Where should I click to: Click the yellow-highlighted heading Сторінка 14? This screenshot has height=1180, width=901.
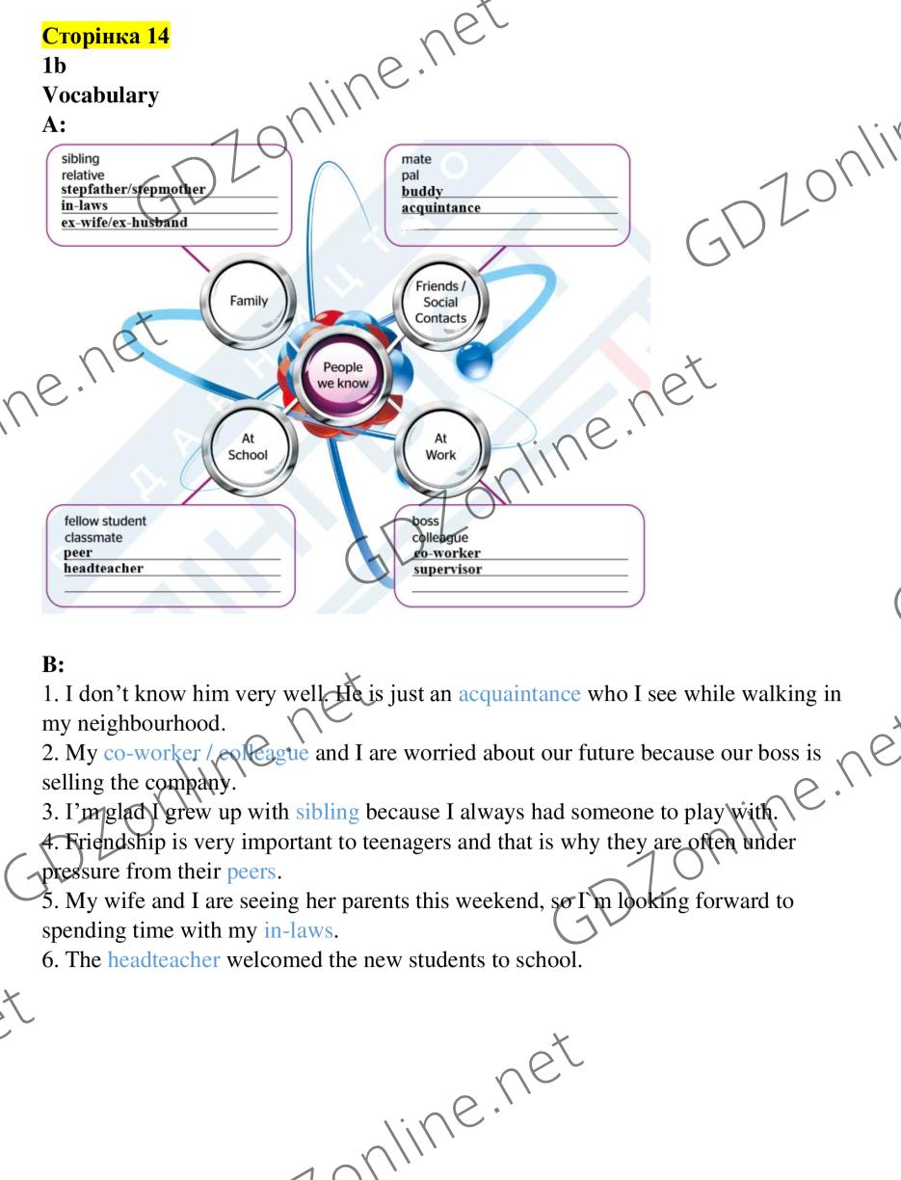[106, 36]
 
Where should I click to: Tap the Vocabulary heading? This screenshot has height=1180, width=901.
[100, 95]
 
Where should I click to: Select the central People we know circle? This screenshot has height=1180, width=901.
[343, 375]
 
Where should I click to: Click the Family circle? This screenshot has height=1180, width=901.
[249, 301]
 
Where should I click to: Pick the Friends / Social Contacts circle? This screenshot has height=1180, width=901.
[440, 302]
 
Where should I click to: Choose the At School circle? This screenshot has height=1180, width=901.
[248, 446]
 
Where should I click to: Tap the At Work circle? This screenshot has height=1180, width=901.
[441, 446]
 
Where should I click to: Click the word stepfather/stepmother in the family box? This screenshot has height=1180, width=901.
[133, 189]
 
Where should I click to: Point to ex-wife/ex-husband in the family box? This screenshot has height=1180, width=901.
[124, 222]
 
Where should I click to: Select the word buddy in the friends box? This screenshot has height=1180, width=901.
[422, 192]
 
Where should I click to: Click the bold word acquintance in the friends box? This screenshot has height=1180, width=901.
[441, 207]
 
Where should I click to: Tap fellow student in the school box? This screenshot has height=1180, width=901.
[105, 521]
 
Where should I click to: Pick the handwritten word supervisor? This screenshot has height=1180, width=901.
[447, 569]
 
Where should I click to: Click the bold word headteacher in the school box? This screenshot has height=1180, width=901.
[104, 568]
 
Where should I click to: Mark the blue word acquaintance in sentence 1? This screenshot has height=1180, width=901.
[519, 694]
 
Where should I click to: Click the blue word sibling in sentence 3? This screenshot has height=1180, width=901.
[328, 812]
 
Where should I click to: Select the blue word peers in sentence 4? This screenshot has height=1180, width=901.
[252, 872]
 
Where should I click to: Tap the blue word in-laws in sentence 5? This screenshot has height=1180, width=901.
[298, 930]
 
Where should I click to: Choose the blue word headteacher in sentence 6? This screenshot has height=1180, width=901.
[164, 959]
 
